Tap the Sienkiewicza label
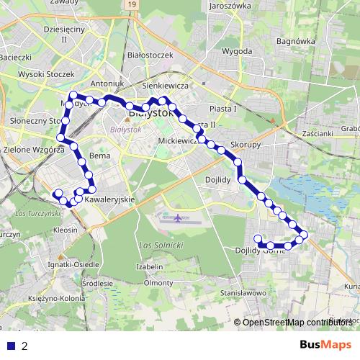(x=165, y=85)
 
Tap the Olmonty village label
(x=158, y=283)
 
